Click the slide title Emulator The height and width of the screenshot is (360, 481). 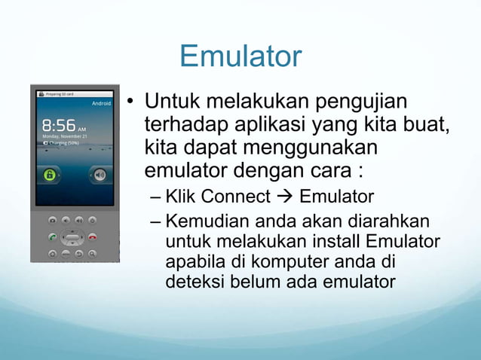tap(240, 56)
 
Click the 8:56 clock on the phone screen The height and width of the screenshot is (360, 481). tap(59, 125)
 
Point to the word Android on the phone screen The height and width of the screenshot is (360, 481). tap(101, 102)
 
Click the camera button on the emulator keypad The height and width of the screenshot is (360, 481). tap(53, 220)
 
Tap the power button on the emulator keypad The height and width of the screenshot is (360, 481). tap(92, 220)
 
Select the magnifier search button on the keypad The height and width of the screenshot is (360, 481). tap(92, 254)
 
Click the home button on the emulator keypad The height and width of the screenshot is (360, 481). tap(53, 254)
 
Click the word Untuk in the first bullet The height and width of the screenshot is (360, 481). tap(170, 100)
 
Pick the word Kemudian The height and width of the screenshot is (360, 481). tap(204, 222)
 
